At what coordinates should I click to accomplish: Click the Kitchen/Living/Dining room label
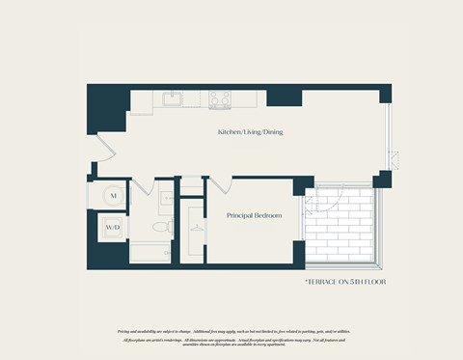250,132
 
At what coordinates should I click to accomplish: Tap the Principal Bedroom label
254,216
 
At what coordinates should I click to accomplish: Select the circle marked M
113,196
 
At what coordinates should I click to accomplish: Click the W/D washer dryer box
113,229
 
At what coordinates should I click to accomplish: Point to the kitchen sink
174,97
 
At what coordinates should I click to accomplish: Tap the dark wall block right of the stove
283,96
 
